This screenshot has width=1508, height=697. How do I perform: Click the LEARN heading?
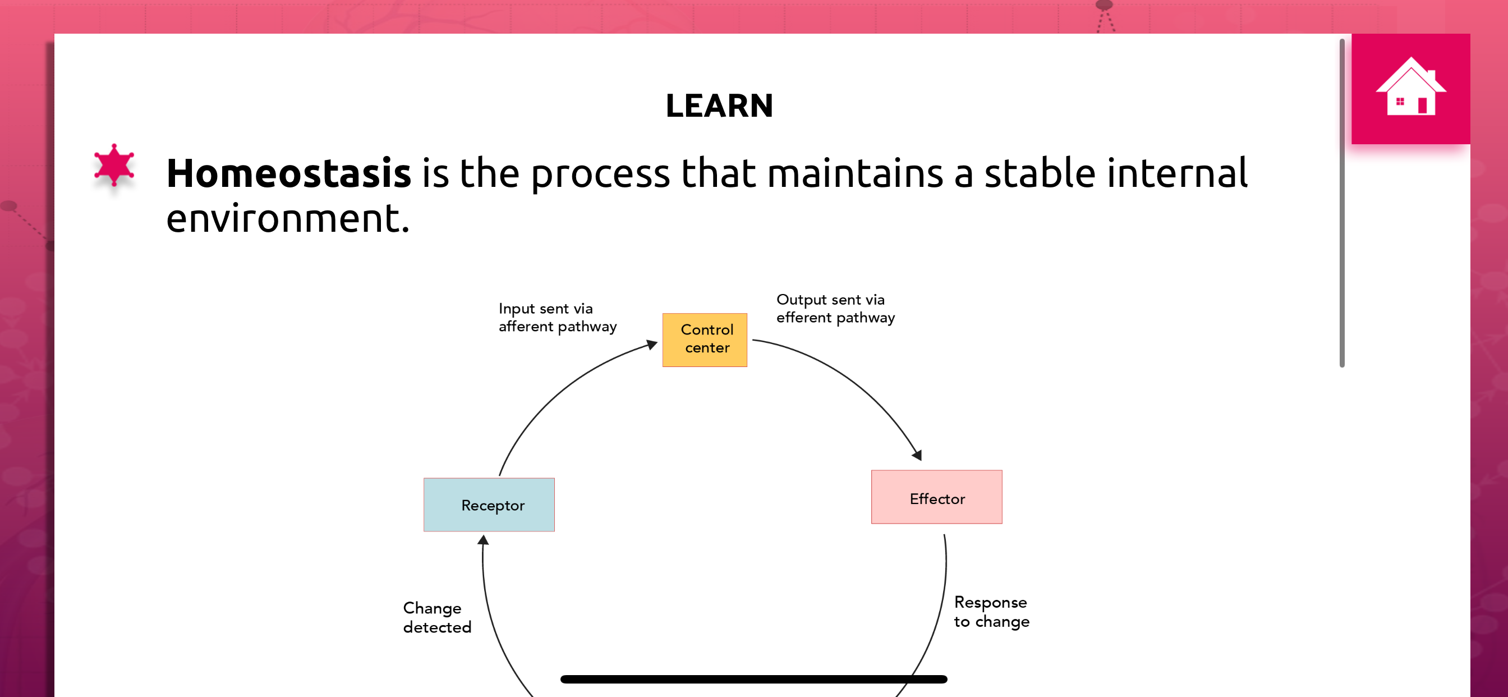tap(719, 106)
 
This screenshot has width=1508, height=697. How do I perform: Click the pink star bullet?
tap(114, 164)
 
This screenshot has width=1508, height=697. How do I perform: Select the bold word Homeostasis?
tap(288, 173)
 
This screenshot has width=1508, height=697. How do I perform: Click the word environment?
tap(287, 218)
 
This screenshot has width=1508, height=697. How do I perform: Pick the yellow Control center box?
tap(705, 340)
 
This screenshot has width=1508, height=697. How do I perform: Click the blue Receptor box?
tap(489, 505)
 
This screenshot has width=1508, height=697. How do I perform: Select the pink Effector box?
tap(937, 497)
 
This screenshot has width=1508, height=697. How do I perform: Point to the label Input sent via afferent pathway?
tap(557, 318)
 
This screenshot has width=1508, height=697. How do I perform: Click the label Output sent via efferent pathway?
tap(835, 309)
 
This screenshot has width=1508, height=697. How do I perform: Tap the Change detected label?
tap(436, 617)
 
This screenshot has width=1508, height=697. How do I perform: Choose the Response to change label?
tap(991, 612)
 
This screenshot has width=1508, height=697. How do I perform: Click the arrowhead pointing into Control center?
tap(651, 345)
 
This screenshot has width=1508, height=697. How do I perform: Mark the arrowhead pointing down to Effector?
tap(917, 455)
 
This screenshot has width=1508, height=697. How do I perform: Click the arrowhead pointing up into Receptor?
tap(483, 539)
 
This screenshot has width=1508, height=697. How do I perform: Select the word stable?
tap(1040, 173)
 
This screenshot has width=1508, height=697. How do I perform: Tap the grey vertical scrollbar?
tap(1342, 203)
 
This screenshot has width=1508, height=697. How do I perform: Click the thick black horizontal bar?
tap(753, 679)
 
